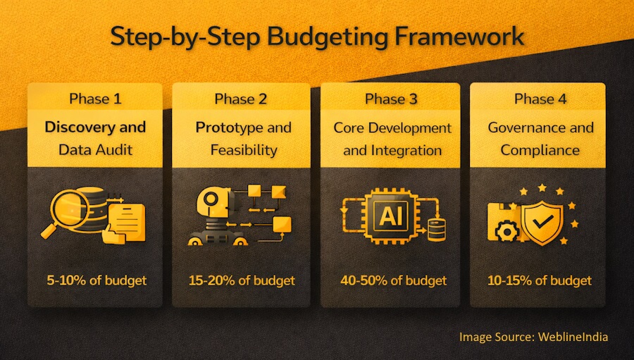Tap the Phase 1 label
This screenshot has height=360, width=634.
point(95,99)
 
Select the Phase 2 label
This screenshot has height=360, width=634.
point(241,99)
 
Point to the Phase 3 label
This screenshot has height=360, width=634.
point(391,99)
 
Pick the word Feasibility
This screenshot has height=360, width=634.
point(242,150)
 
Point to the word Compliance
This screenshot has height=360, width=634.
point(540,150)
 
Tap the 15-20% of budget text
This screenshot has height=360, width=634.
point(242,280)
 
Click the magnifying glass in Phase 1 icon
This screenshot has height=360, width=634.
point(66,210)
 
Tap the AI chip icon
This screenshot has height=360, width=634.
point(390,216)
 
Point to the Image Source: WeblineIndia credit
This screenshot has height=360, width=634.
point(533,337)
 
